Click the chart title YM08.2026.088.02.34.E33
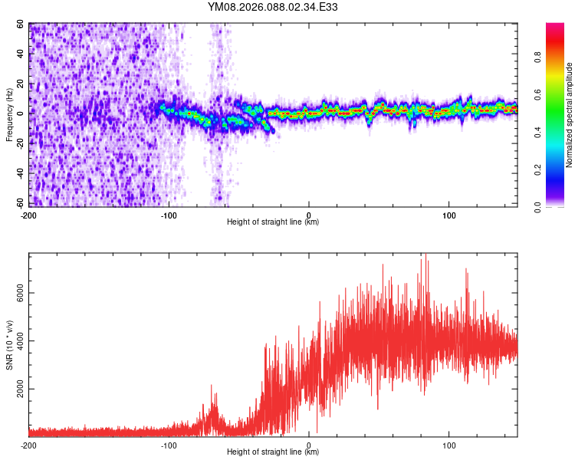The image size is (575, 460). click(273, 8)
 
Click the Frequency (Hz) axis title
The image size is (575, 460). click(10, 114)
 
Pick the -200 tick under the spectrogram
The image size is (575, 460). click(29, 214)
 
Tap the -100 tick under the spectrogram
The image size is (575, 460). click(169, 214)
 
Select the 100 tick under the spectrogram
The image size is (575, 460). click(449, 214)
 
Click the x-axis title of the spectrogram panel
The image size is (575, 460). click(273, 222)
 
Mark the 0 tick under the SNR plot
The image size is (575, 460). click(309, 445)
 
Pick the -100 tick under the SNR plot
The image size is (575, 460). click(169, 445)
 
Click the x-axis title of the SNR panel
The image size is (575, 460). click(273, 452)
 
